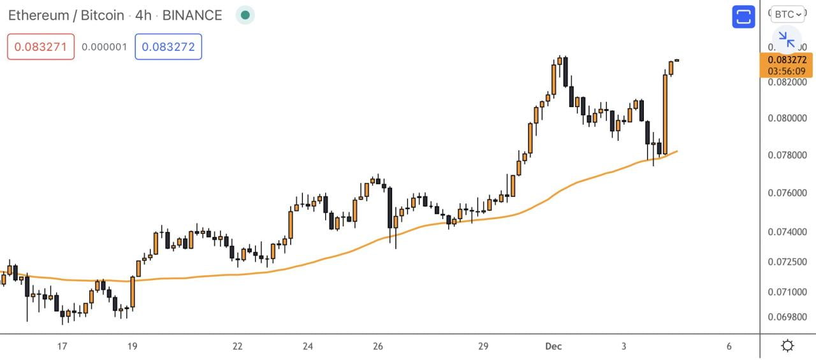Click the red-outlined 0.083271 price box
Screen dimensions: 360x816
(x=41, y=47)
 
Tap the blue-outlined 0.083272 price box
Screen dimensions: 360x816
(x=168, y=47)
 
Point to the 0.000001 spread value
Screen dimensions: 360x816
(x=105, y=47)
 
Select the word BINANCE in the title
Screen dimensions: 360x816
(x=192, y=15)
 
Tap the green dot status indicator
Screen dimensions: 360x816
(x=245, y=15)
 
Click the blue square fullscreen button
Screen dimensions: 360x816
(x=743, y=17)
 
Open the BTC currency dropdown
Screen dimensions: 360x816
(x=788, y=14)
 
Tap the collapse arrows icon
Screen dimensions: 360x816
(x=787, y=40)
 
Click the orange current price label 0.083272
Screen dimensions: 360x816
(x=787, y=60)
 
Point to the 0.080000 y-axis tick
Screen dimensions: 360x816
(x=787, y=119)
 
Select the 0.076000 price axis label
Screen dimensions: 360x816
(x=787, y=193)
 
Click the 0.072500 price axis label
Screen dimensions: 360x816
(x=787, y=262)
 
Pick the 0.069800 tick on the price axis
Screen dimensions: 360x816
(x=787, y=317)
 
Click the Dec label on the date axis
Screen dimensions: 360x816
(x=553, y=347)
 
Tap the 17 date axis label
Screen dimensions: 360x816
(x=62, y=347)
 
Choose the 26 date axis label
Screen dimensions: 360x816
(x=378, y=347)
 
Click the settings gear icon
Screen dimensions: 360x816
(x=787, y=346)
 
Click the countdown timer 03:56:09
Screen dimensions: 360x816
(x=787, y=71)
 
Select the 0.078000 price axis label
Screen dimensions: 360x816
(x=787, y=155)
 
